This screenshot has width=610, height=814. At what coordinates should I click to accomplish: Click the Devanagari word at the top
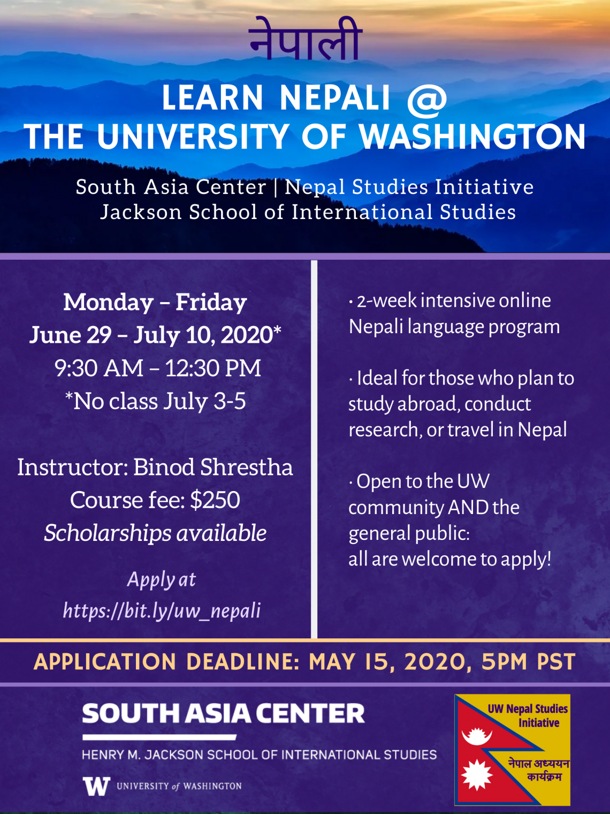[305, 39]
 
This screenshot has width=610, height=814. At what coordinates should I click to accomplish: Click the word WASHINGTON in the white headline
[472, 137]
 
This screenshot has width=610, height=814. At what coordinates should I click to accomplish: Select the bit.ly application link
[162, 611]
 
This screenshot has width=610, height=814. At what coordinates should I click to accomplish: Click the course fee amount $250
[215, 500]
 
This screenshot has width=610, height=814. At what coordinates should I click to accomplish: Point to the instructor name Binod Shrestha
[213, 467]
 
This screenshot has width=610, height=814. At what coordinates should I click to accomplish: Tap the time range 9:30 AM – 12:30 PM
[158, 368]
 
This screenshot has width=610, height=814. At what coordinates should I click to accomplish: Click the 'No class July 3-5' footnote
[155, 401]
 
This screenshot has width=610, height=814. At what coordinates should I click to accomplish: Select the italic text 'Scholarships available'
[155, 533]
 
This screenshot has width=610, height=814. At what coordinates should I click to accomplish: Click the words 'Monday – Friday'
[155, 302]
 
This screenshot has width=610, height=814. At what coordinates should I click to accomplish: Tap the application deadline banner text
[305, 662]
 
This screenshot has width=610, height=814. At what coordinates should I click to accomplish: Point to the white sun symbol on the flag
[477, 775]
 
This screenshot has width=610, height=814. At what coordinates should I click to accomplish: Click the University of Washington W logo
[96, 786]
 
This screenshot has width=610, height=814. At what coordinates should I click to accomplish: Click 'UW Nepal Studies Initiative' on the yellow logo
[528, 715]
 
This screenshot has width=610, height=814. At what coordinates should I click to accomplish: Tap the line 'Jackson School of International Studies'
[308, 212]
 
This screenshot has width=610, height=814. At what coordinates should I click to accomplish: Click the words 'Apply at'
[162, 579]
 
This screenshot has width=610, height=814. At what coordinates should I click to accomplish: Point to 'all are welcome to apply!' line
[449, 559]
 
